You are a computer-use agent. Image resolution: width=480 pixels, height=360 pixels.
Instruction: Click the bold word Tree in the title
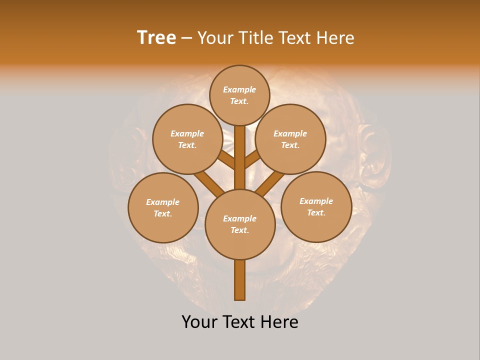(156, 38)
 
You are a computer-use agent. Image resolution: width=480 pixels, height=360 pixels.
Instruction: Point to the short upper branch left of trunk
(227, 159)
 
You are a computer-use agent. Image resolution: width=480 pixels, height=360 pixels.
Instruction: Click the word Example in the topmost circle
(239, 90)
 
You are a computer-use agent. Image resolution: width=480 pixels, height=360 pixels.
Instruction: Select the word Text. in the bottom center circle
(239, 230)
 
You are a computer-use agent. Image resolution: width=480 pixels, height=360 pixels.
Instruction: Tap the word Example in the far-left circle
(163, 202)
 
